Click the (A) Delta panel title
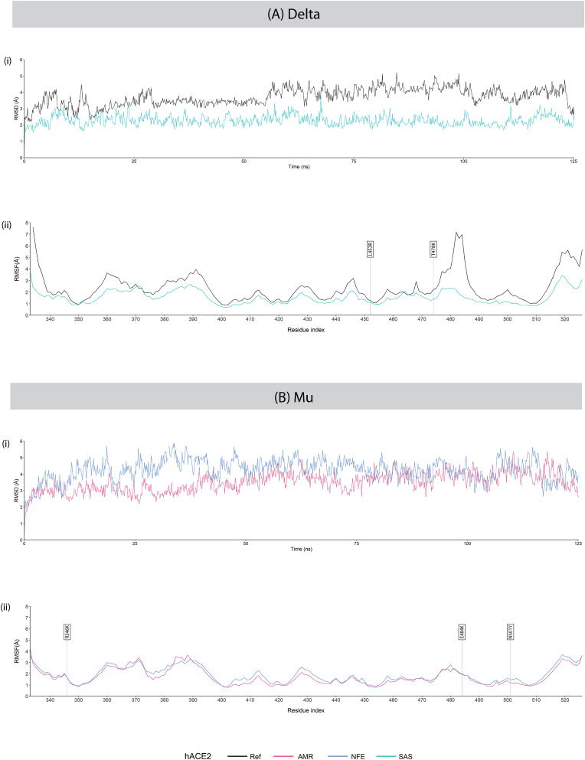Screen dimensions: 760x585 tap(292, 15)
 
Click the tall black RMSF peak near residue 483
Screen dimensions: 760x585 tap(457, 233)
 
